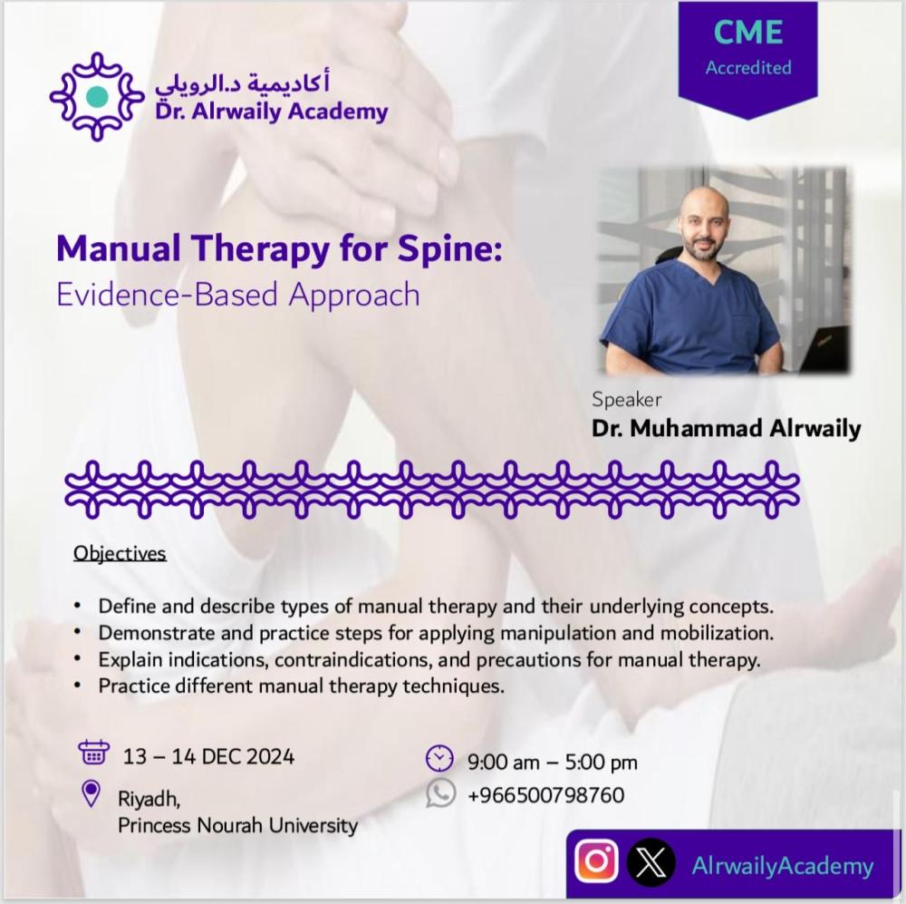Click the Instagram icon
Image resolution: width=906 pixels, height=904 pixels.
tap(596, 861)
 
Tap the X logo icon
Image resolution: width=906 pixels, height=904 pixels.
tap(651, 862)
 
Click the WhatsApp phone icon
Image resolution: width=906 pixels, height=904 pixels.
tap(441, 793)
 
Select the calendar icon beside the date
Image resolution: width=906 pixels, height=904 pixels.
tap(93, 753)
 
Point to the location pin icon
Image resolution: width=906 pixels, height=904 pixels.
tap(92, 793)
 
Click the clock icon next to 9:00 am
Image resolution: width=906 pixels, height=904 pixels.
tap(439, 758)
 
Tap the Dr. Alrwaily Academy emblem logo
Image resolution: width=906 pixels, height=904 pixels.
tap(97, 97)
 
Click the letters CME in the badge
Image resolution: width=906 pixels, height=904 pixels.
tap(748, 32)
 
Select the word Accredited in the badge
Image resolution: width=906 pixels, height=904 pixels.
tap(748, 68)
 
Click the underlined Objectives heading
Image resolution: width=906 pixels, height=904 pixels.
tap(120, 553)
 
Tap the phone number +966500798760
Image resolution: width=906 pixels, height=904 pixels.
tap(546, 794)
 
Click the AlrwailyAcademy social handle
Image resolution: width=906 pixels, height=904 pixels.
tap(783, 866)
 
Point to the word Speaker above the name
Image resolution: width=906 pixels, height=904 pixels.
tap(626, 400)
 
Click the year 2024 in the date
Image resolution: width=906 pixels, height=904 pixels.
tap(270, 756)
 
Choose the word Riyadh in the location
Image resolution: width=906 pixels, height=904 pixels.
tap(149, 799)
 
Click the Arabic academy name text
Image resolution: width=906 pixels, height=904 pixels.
tap(242, 84)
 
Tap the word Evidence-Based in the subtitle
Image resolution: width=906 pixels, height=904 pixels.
tap(167, 294)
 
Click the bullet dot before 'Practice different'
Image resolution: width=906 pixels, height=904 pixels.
tap(77, 686)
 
